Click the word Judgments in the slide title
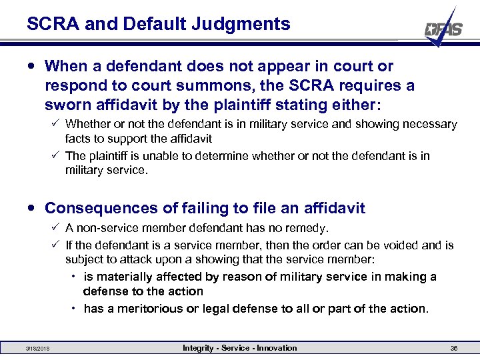point(249,25)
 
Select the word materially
point(125,277)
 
